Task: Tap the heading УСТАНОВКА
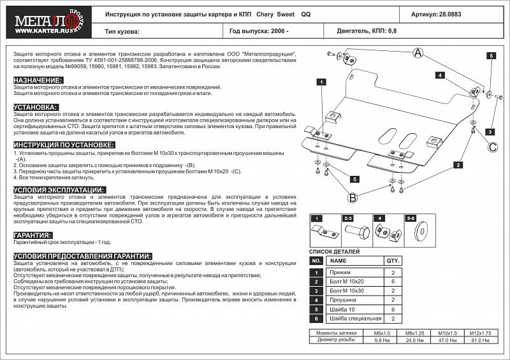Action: (36, 107)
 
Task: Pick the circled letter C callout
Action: (493, 148)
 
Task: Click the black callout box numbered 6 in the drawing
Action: (492, 56)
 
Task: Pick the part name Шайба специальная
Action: (354, 318)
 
